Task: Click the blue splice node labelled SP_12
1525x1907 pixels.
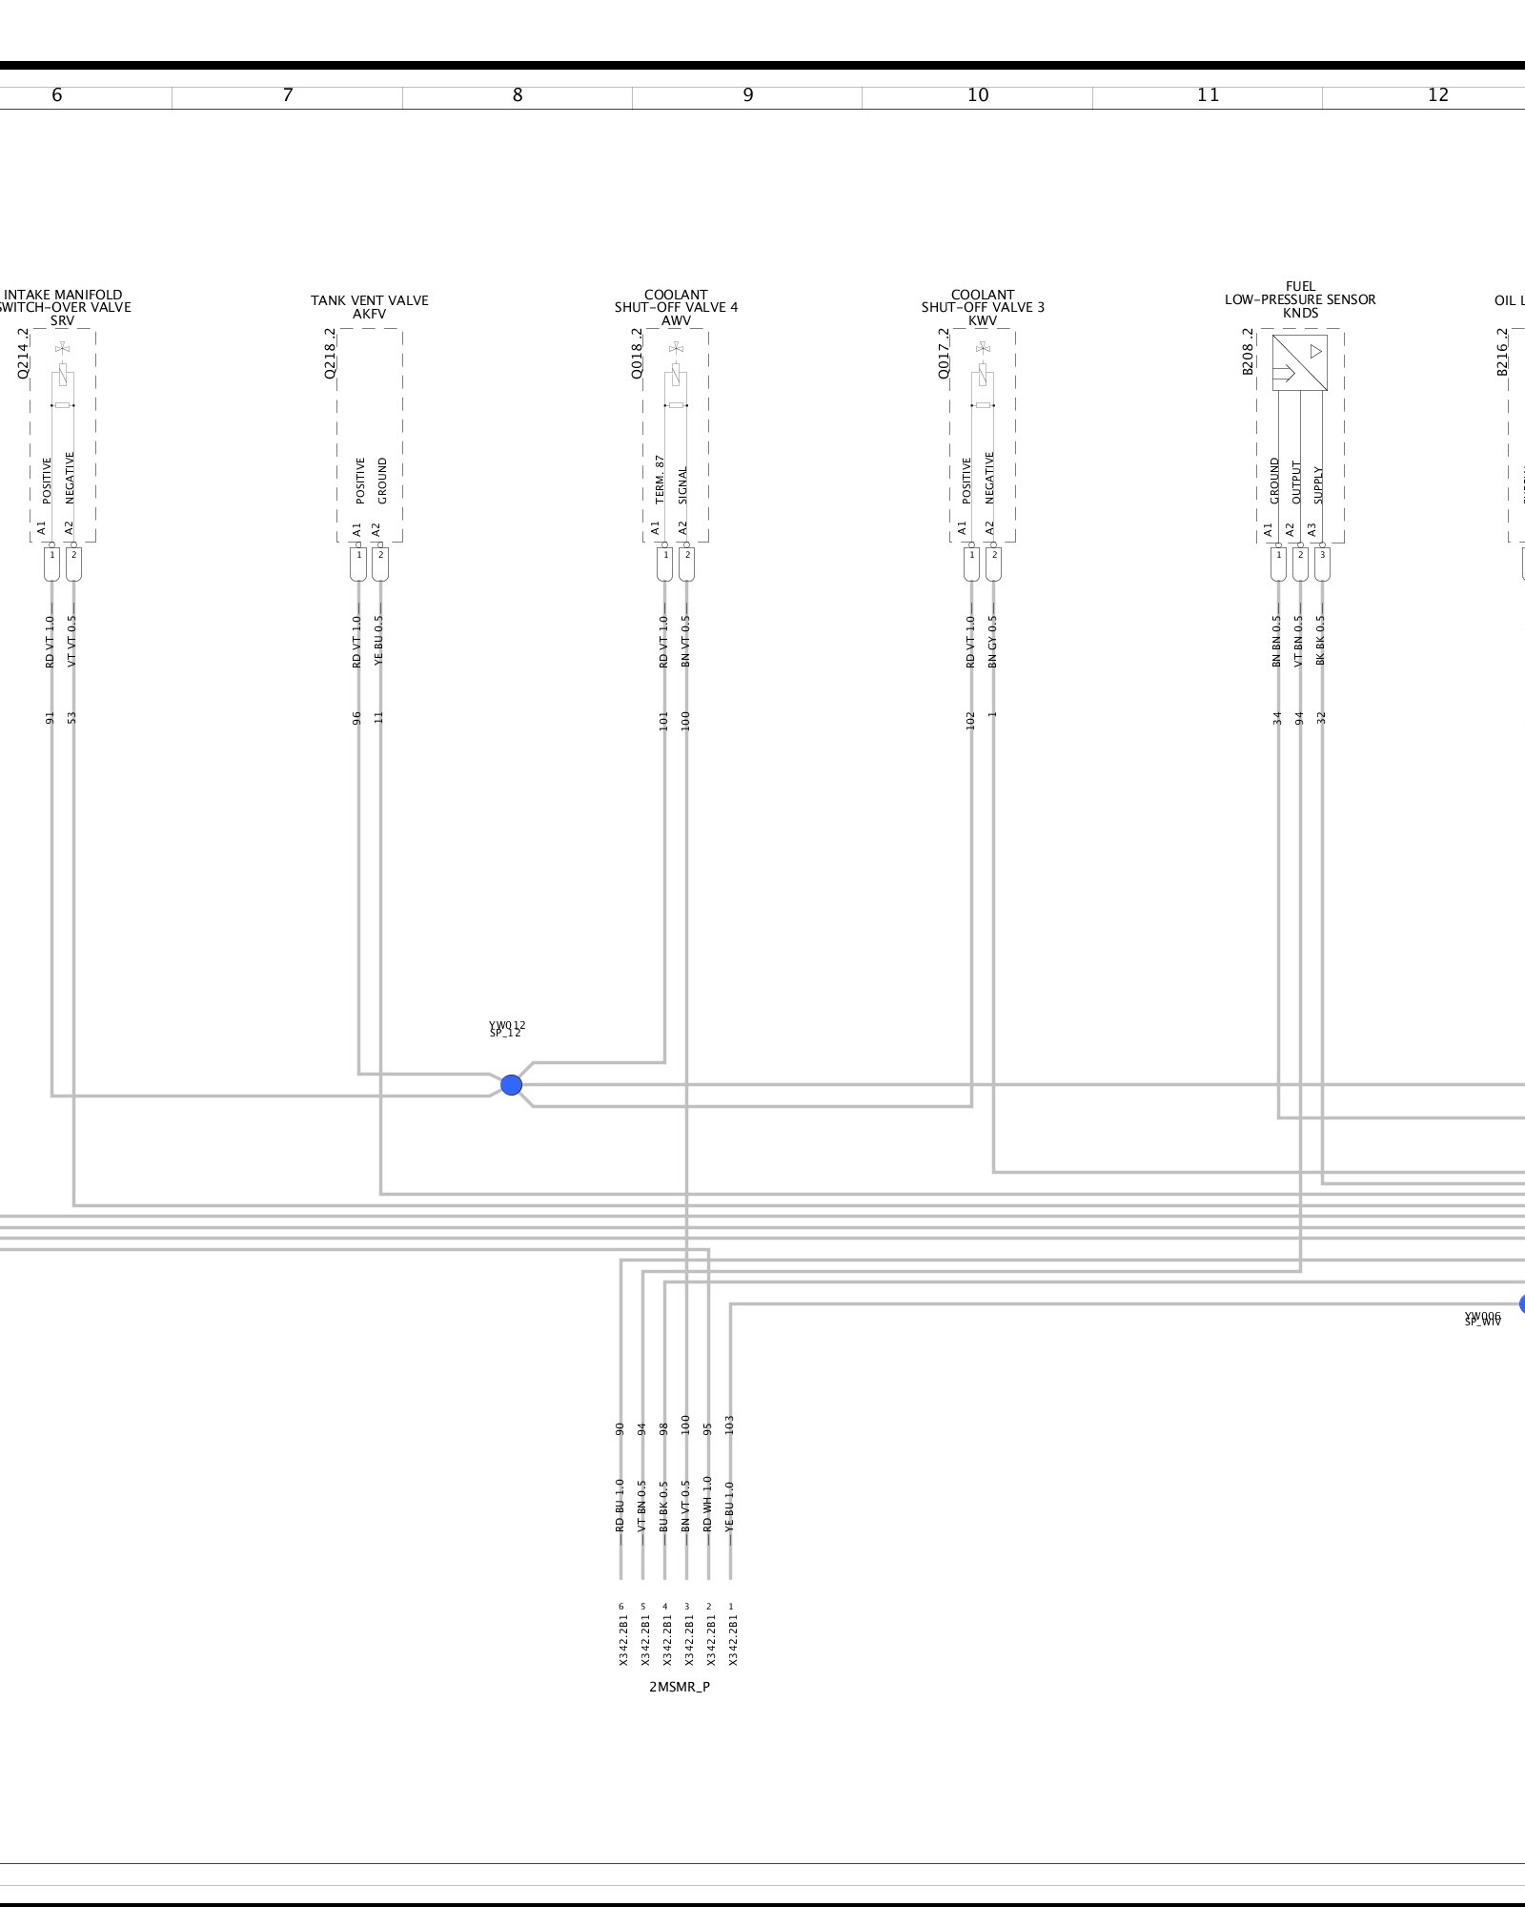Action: (x=511, y=1085)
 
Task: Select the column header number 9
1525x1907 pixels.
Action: (x=748, y=95)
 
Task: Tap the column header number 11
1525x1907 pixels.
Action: (x=1208, y=95)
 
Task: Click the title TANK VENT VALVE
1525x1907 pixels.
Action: (x=369, y=300)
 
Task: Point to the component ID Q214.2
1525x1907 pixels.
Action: (x=23, y=354)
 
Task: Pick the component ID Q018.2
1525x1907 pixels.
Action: (x=637, y=354)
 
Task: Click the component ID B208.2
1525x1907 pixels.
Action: (x=1248, y=352)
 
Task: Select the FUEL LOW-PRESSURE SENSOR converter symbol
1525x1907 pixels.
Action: (x=1299, y=363)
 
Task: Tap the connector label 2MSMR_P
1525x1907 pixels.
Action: (x=680, y=1687)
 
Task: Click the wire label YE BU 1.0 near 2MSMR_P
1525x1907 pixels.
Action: (x=731, y=1506)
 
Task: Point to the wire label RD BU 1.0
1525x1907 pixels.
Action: (x=620, y=1506)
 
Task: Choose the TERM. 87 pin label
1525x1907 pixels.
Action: (x=660, y=480)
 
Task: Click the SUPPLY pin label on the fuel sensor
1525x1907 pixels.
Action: (x=1319, y=484)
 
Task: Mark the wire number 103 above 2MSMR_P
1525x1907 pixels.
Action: (x=730, y=1425)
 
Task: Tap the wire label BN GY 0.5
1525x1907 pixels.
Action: (x=992, y=641)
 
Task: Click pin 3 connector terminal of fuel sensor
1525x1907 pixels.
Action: (x=1321, y=564)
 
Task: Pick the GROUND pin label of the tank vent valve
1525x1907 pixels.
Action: (x=382, y=481)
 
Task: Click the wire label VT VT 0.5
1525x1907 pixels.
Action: (x=72, y=641)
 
